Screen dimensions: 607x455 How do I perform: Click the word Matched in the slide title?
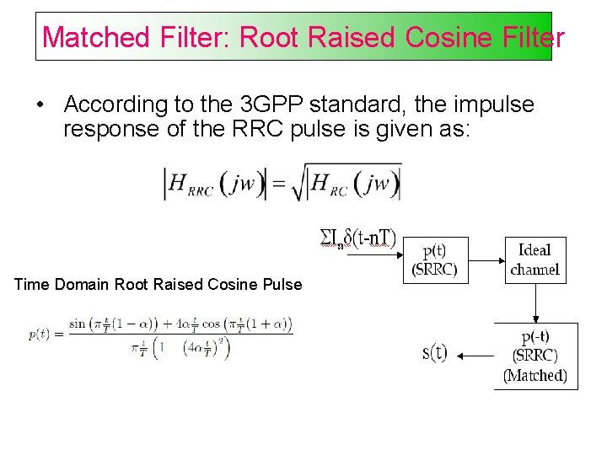95,37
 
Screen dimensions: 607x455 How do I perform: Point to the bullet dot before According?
40,104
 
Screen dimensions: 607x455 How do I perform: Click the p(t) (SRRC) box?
436,260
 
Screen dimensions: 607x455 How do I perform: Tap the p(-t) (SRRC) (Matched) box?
535,356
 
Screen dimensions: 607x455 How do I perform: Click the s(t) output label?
434,352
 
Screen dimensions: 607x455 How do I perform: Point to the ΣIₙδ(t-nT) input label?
357,238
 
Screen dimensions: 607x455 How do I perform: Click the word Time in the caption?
32,284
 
